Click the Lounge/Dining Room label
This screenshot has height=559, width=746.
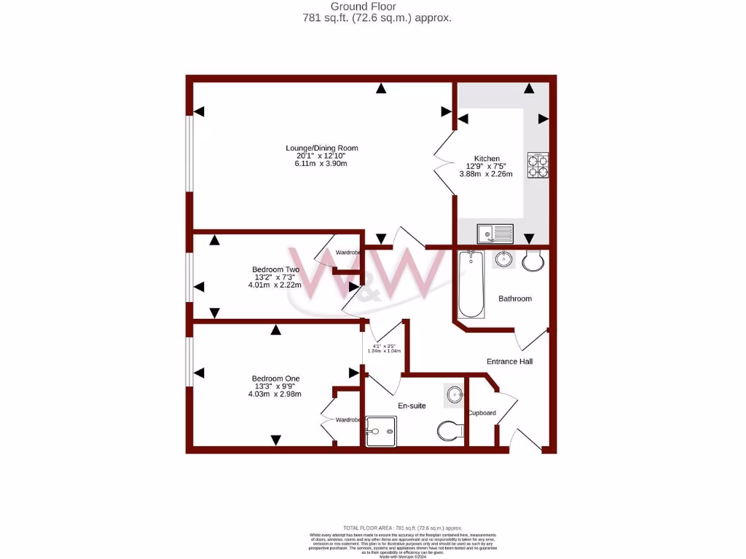321,148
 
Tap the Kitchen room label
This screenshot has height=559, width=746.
487,159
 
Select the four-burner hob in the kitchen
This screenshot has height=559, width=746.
538,165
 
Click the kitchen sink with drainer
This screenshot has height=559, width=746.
495,234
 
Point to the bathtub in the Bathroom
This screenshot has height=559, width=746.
471,285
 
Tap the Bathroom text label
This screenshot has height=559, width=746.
514,298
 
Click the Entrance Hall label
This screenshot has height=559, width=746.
509,361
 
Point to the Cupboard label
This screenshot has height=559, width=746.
482,413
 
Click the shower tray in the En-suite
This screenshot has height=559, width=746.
381,432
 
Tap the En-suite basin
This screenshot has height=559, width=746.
455,395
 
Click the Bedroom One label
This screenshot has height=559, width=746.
275,378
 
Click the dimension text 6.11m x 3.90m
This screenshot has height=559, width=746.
321,164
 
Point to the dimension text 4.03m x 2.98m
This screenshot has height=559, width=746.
275,395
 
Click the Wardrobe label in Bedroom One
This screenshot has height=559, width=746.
348,420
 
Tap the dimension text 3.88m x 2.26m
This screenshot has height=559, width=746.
486,174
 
